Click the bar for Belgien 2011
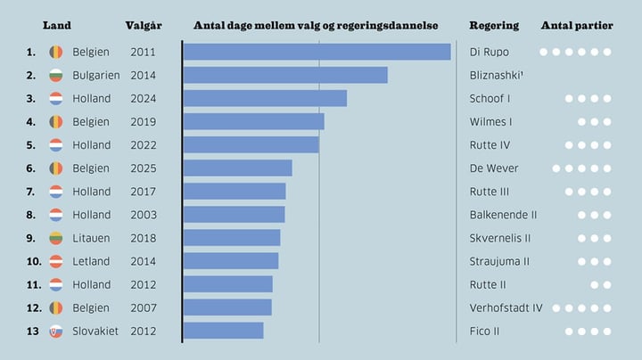pos(317,52)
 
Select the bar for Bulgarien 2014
pos(285,75)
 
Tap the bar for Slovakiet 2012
pos(223,331)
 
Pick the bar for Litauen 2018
pos(232,238)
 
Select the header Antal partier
pos(576,25)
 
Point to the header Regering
pos(493,25)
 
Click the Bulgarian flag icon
pos(55,76)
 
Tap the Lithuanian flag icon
pos(55,238)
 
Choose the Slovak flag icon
pos(55,331)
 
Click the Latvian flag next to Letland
pos(55,261)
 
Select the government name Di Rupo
pos(489,52)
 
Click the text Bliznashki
pos(496,75)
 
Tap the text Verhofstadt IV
pos(506,307)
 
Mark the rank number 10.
pos(34,261)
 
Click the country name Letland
pos(91,261)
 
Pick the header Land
pos(57,25)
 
